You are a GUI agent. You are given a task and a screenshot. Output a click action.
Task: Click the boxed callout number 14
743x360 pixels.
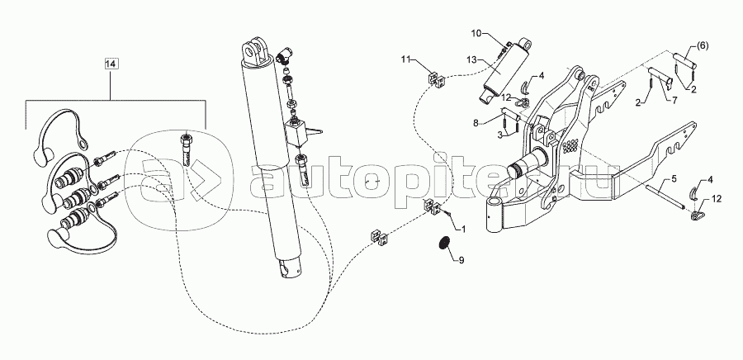pyautogui.click(x=111, y=64)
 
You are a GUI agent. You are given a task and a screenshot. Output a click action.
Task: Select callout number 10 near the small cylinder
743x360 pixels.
pyautogui.click(x=476, y=33)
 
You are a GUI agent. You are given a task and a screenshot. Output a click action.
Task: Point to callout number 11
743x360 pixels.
pyautogui.click(x=405, y=59)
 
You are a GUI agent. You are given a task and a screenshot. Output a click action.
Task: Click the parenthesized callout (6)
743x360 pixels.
pyautogui.click(x=702, y=46)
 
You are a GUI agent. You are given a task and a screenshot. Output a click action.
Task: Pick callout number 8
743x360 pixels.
pyautogui.click(x=476, y=123)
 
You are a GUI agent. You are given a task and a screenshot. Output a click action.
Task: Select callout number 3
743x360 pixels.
pyautogui.click(x=499, y=136)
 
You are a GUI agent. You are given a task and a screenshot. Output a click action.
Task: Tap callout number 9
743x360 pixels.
pyautogui.click(x=461, y=260)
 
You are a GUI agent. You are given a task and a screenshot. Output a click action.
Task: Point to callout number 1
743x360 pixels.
pyautogui.click(x=463, y=230)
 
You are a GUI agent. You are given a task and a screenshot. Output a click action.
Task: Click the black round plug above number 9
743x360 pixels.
pyautogui.click(x=444, y=242)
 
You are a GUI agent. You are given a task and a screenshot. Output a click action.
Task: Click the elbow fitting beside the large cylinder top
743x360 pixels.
pyautogui.click(x=284, y=56)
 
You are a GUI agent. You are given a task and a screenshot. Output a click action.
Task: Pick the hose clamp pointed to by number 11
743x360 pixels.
pyautogui.click(x=436, y=79)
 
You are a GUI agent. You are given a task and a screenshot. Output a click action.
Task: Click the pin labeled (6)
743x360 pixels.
pyautogui.click(x=684, y=60)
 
